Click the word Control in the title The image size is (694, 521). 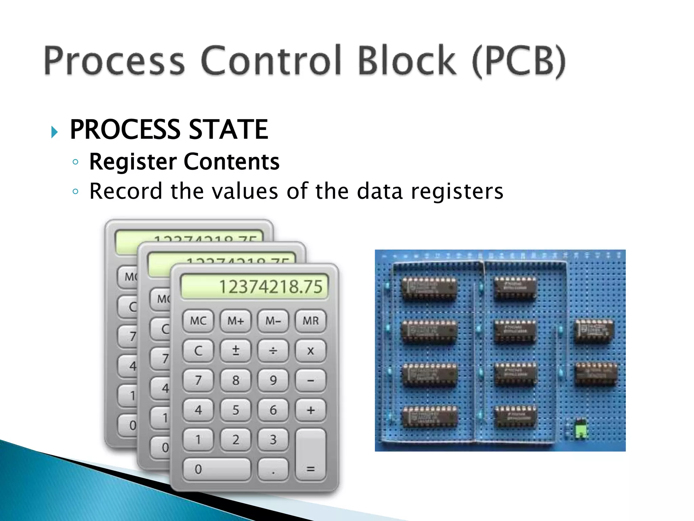pyautogui.click(x=271, y=61)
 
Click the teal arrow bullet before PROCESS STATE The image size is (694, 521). pyautogui.click(x=55, y=132)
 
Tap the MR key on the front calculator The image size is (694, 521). pyautogui.click(x=310, y=321)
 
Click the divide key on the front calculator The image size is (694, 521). pyautogui.click(x=273, y=350)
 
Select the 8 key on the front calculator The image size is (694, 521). pyautogui.click(x=236, y=380)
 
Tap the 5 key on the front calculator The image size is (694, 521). pyautogui.click(x=236, y=410)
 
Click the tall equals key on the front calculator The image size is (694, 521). pyautogui.click(x=310, y=455)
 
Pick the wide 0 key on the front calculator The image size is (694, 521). pyautogui.click(x=217, y=469)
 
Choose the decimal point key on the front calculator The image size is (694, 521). pyautogui.click(x=273, y=469)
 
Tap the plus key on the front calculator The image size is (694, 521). pyautogui.click(x=310, y=410)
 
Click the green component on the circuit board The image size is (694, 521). pyautogui.click(x=581, y=428)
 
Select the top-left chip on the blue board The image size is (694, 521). pyautogui.click(x=429, y=288)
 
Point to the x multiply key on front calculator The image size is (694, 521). pyautogui.click(x=310, y=350)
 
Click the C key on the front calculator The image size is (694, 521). pyautogui.click(x=198, y=350)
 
